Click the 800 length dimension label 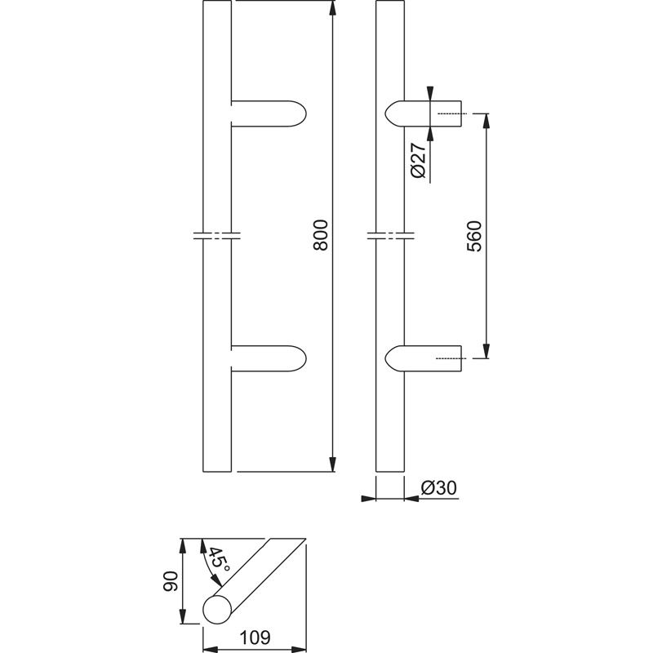pyautogui.click(x=321, y=235)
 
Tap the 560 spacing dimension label pyautogui.click(x=474, y=236)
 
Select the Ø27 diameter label pyautogui.click(x=418, y=159)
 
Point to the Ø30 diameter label pyautogui.click(x=438, y=487)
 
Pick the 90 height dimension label pyautogui.click(x=171, y=581)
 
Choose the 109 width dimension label pyautogui.click(x=255, y=637)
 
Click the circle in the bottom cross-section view pyautogui.click(x=217, y=610)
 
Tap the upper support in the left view pyautogui.click(x=269, y=113)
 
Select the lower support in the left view pyautogui.click(x=269, y=358)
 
